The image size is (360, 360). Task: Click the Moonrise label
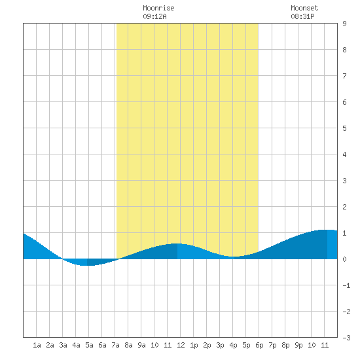158,8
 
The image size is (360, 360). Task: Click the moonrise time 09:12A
154,16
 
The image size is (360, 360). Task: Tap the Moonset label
304,8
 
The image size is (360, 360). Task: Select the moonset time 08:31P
302,16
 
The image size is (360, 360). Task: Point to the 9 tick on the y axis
344,24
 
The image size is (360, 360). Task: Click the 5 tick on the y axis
344,128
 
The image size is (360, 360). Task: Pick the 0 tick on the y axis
344,259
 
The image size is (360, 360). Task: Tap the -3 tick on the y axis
346,338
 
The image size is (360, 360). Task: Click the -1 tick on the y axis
346,285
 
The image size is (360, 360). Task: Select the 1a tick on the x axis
37,345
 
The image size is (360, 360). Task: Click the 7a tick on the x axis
115,345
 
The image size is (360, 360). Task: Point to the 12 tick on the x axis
181,345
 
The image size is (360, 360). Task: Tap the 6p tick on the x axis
259,345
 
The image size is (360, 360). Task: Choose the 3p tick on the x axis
220,345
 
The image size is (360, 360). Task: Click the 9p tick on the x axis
298,345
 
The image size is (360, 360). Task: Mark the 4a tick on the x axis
76,345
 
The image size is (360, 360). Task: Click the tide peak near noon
177,243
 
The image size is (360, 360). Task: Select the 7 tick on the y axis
344,76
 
